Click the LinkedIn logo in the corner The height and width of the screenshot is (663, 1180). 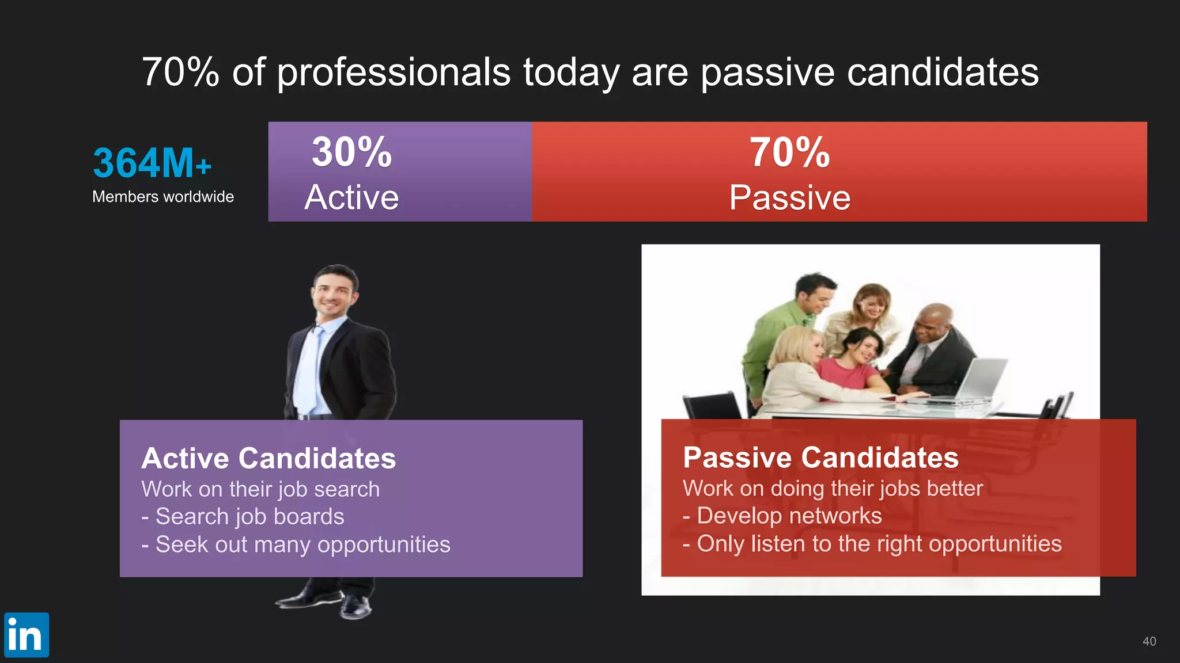click(27, 635)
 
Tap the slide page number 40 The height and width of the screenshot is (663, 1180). click(1149, 641)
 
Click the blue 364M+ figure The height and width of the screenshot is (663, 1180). click(152, 163)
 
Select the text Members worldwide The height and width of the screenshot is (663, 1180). click(163, 197)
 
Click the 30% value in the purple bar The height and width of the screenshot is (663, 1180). click(351, 153)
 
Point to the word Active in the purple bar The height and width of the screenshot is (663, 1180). click(351, 197)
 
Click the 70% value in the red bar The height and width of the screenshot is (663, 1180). click(789, 153)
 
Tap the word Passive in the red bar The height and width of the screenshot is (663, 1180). click(789, 197)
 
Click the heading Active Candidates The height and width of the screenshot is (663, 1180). click(268, 458)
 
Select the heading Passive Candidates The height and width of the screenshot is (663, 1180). click(820, 458)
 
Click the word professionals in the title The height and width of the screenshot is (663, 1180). click(394, 73)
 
